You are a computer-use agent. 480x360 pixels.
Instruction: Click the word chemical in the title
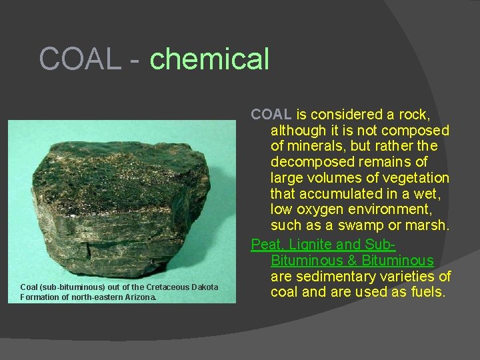209,59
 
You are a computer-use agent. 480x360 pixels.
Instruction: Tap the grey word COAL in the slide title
80,59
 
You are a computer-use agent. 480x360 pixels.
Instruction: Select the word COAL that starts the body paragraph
271,115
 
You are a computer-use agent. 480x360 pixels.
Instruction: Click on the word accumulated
339,194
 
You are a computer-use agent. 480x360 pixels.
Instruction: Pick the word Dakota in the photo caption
204,287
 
